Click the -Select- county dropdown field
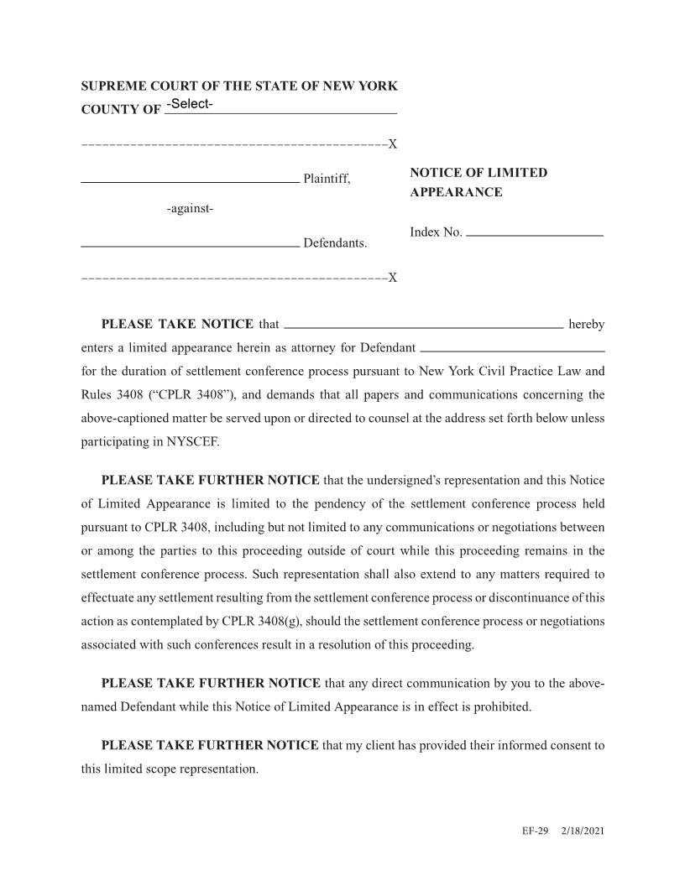[280, 105]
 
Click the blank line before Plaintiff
[189, 176]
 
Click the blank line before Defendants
[189, 242]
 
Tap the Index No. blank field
[534, 231]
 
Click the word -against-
[190, 209]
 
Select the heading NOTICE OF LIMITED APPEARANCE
[478, 182]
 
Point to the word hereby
[586, 325]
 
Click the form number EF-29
[534, 831]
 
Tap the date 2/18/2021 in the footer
[583, 831]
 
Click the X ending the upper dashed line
[392, 144]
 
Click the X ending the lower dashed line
[392, 278]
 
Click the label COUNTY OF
[120, 110]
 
